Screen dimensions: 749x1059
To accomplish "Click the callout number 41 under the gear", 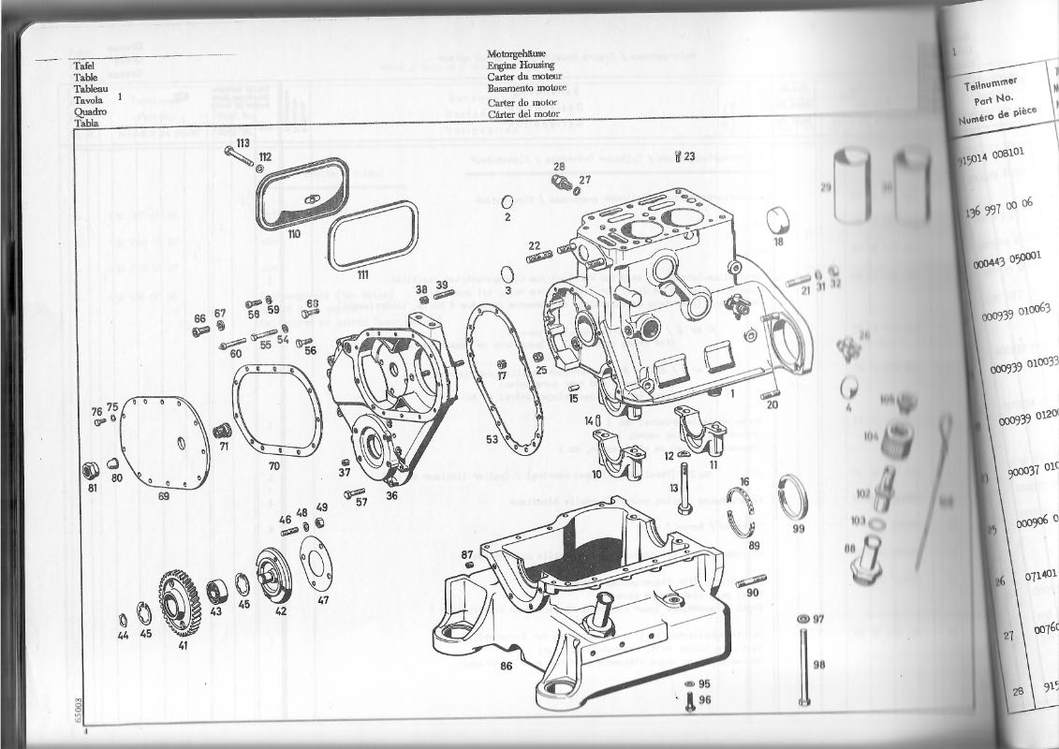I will tap(182, 645).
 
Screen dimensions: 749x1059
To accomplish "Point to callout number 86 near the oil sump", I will tap(506, 667).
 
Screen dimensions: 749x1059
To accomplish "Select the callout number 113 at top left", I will tap(243, 142).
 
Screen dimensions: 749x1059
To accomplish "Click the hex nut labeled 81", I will tap(93, 468).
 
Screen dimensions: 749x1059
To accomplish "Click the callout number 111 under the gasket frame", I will tap(362, 274).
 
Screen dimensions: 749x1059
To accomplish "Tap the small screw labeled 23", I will tap(678, 156).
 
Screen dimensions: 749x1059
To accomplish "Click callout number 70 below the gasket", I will tap(273, 465).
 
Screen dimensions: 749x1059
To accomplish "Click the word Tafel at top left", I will tap(87, 66).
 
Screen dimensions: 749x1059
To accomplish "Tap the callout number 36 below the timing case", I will tap(391, 495).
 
